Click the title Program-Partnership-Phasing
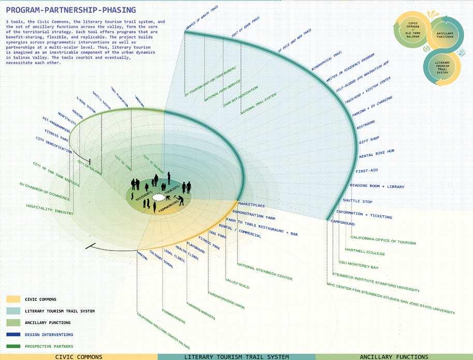pos(71,10)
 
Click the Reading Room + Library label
pos(377,186)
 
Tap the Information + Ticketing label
pos(364,214)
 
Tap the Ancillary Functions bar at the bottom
pos(394,357)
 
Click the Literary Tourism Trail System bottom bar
pos(236,357)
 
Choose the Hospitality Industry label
pos(50,213)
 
